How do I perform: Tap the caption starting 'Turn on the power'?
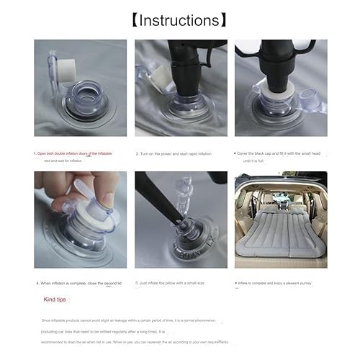click(x=177, y=153)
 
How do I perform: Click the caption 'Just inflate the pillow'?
click(x=177, y=282)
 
